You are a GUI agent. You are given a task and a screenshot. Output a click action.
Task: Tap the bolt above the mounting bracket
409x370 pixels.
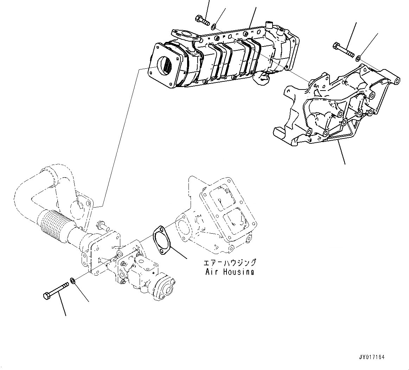(341, 49)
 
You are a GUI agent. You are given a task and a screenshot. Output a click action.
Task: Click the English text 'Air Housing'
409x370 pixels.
(230, 272)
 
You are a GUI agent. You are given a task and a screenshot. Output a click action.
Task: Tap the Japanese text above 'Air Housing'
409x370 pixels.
(230, 263)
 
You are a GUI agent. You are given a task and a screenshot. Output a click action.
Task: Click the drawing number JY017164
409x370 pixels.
(372, 357)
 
